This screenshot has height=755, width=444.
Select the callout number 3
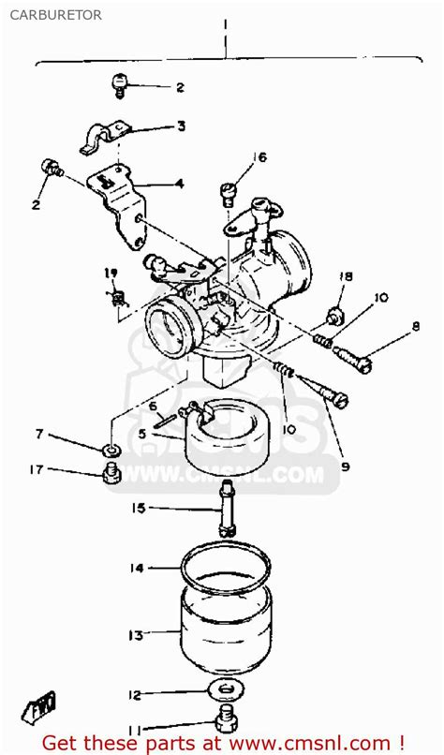[181, 126]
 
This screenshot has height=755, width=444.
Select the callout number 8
[415, 327]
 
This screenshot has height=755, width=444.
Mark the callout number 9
[345, 466]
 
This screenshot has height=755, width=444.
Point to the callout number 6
[153, 407]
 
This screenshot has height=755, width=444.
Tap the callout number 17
[37, 469]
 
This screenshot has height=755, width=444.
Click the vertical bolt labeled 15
[227, 508]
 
